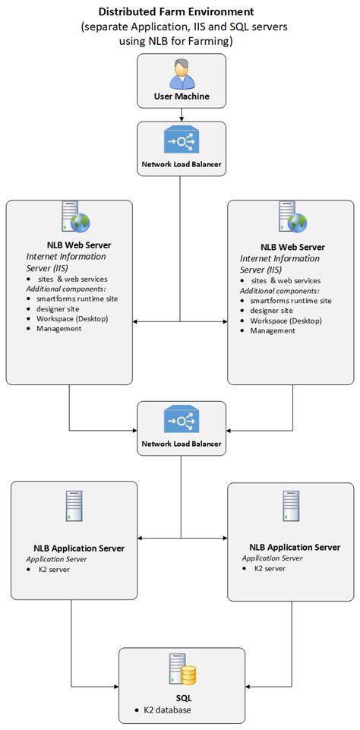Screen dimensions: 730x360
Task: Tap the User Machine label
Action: coord(181,96)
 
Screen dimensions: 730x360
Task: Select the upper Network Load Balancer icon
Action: coord(181,142)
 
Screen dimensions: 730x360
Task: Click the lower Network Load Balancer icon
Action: coord(181,422)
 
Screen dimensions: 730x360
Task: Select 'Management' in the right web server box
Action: coord(273,330)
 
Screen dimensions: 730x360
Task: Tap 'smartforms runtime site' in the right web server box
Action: coord(291,300)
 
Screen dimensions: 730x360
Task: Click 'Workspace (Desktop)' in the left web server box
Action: coord(72,318)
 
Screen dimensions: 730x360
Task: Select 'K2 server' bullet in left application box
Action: coord(54,568)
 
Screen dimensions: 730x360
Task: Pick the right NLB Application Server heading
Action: coord(294,547)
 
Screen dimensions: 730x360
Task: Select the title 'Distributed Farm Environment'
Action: coord(177,12)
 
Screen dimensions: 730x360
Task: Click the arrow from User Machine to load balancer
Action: coord(181,115)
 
